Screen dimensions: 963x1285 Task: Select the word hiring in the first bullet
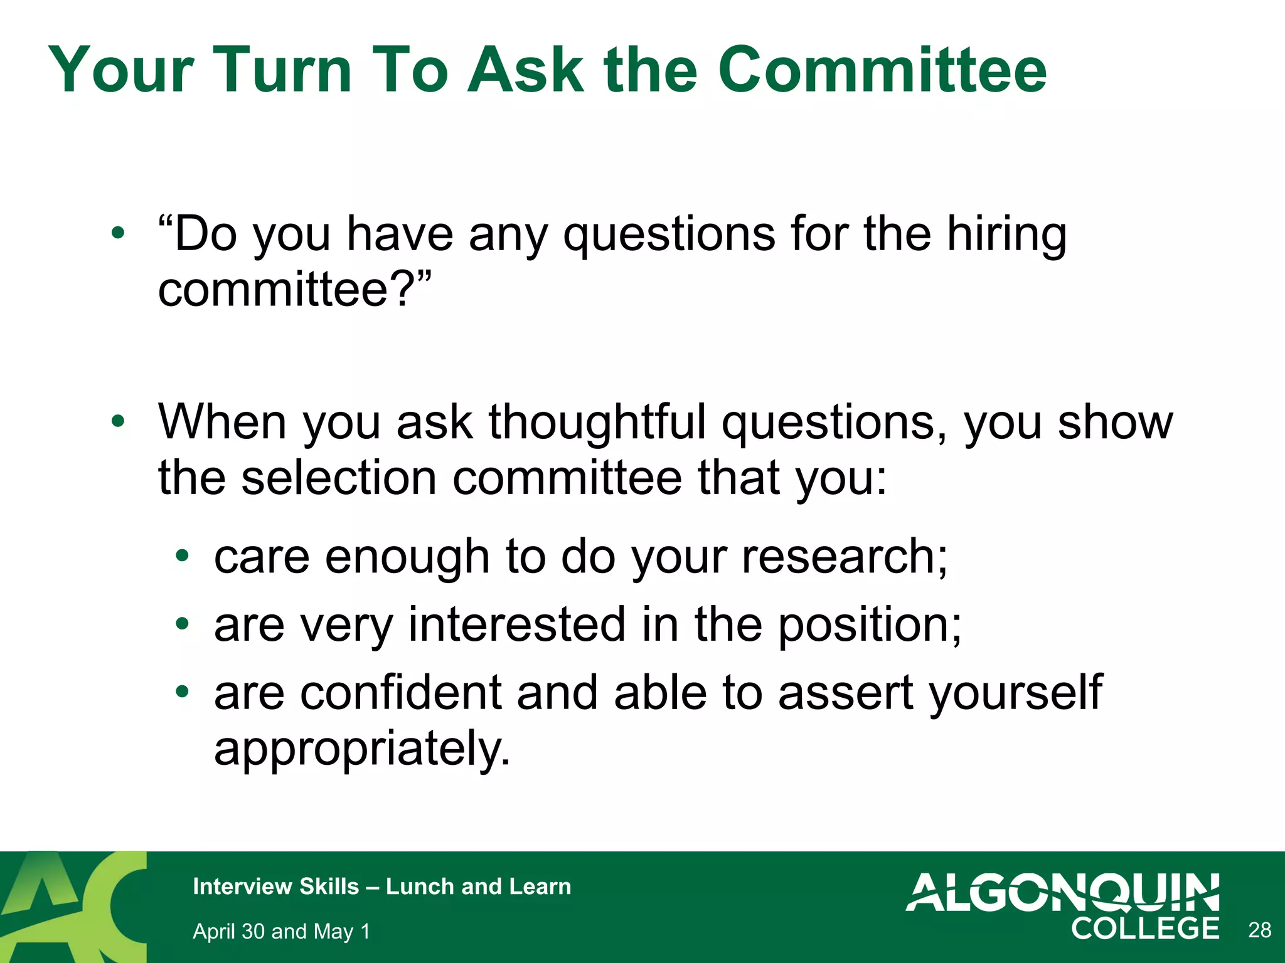pos(1006,234)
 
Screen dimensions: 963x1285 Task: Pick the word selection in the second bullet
pos(339,478)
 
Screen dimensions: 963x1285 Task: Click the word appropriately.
pos(362,749)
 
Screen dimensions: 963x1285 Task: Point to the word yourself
pos(1015,693)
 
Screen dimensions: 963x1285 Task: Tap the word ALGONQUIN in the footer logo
pos(1063,892)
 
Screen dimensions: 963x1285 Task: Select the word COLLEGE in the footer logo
pos(1145,929)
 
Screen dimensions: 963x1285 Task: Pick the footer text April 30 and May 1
pos(281,932)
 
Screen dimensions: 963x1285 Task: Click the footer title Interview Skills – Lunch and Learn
pos(381,887)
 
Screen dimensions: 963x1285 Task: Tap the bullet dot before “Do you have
pos(117,234)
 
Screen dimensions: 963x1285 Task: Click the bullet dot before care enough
pos(182,555)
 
